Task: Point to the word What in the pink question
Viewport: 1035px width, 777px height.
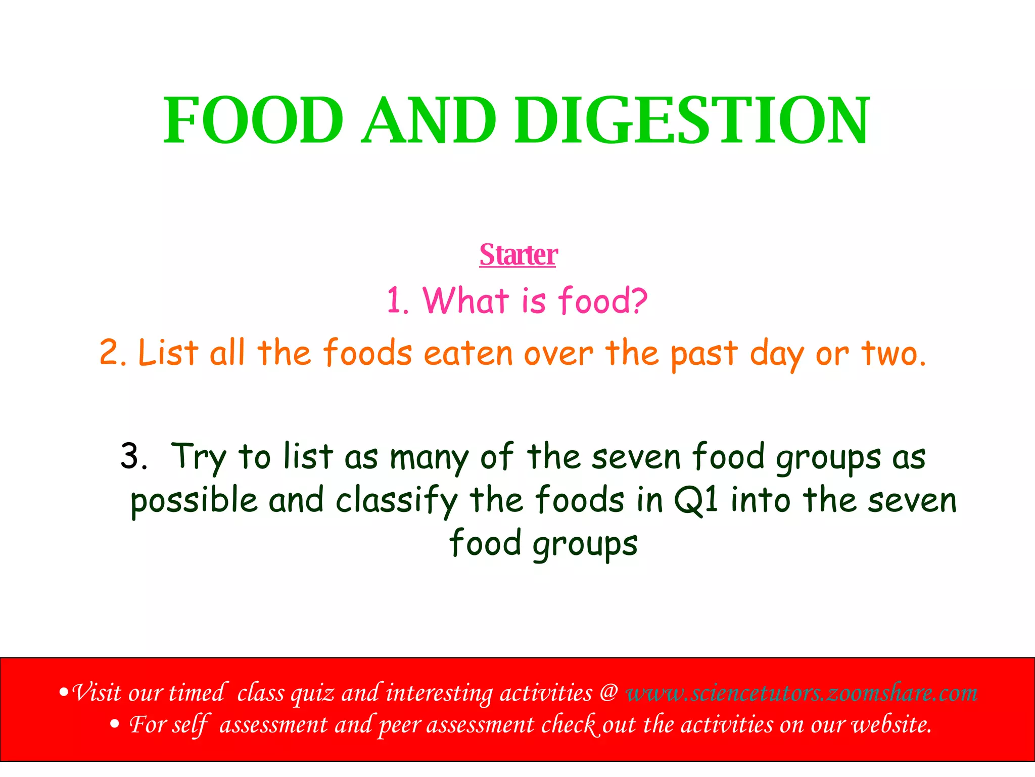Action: pos(465,300)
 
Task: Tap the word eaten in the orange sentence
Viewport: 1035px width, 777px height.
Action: pos(468,353)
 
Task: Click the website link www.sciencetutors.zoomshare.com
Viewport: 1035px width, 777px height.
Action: pos(802,693)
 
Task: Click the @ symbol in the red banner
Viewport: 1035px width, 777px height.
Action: pos(609,693)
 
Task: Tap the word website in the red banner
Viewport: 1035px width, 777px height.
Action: pos(891,725)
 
